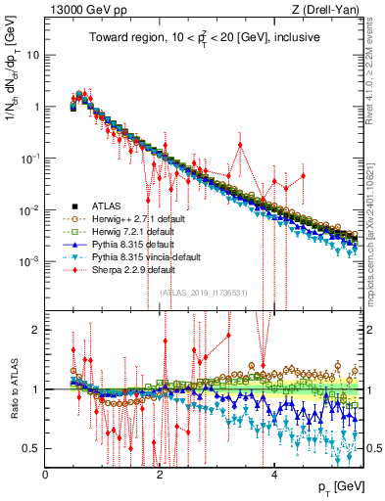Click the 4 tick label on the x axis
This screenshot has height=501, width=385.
(273, 473)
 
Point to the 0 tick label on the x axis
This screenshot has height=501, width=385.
(45, 473)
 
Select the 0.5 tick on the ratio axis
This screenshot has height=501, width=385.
(31, 448)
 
